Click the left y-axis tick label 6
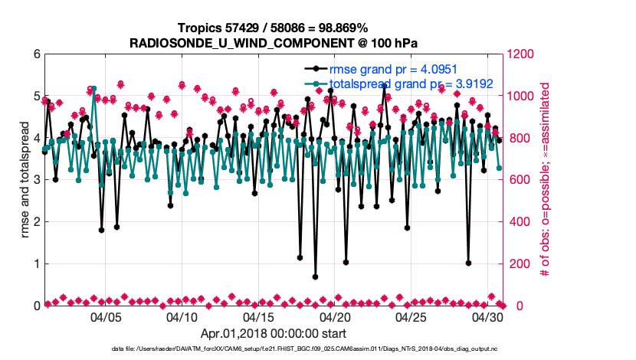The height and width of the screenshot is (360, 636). [x=36, y=54]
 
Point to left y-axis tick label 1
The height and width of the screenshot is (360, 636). [x=36, y=264]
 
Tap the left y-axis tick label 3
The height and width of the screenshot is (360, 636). [x=36, y=180]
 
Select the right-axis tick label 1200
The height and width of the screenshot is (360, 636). [x=521, y=54]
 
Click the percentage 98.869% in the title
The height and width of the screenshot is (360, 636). [x=359, y=28]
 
